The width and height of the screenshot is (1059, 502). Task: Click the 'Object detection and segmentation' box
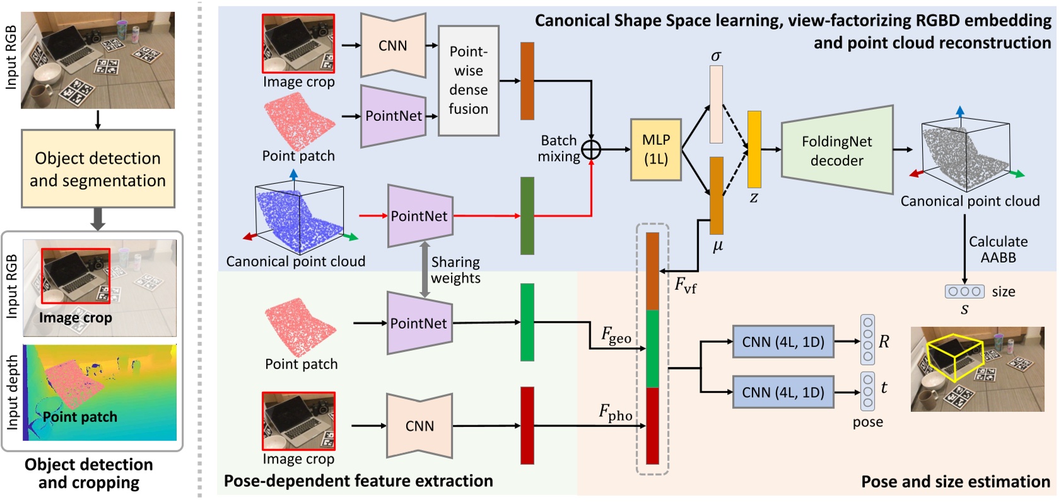pos(98,169)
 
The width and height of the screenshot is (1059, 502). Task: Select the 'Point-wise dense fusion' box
pos(469,81)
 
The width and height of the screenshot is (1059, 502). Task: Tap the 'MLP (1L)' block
pos(656,150)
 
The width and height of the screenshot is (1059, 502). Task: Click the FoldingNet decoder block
pos(837,150)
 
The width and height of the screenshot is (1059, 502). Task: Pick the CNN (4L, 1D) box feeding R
pos(783,341)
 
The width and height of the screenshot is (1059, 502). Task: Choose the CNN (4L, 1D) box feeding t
pos(783,392)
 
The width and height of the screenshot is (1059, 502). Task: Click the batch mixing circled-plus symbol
pos(591,150)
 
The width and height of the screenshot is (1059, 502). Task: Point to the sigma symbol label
pos(717,56)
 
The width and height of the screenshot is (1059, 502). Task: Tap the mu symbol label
pos(718,246)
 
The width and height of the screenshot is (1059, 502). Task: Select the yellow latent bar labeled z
pos(754,149)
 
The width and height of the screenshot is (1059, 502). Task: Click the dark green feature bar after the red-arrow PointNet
pos(527,216)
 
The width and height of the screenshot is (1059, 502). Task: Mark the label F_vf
pos(685,285)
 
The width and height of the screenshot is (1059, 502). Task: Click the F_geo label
pos(616,335)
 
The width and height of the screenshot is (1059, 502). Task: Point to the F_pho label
pos(615,413)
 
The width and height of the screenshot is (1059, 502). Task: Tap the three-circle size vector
pos(964,292)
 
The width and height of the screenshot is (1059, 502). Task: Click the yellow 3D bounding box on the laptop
pos(955,357)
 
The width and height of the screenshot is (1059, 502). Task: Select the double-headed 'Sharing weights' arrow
pos(425,269)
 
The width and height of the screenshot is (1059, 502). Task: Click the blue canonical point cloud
pos(297,220)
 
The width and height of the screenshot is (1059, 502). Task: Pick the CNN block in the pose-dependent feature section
pos(419,426)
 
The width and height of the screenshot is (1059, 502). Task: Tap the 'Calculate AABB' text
pos(998,249)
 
